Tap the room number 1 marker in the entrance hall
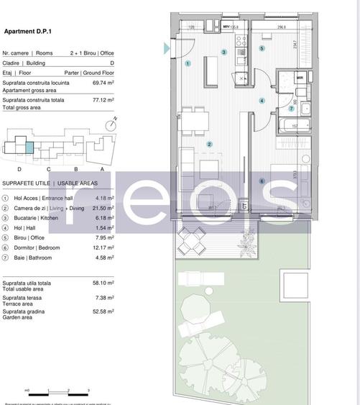(188, 63)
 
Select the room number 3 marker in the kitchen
(223, 53)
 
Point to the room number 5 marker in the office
(262, 49)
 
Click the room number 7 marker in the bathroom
(292, 109)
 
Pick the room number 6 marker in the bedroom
(262, 181)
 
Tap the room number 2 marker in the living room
(209, 145)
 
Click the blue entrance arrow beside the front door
(167, 48)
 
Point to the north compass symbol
(110, 124)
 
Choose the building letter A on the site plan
(101, 168)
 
